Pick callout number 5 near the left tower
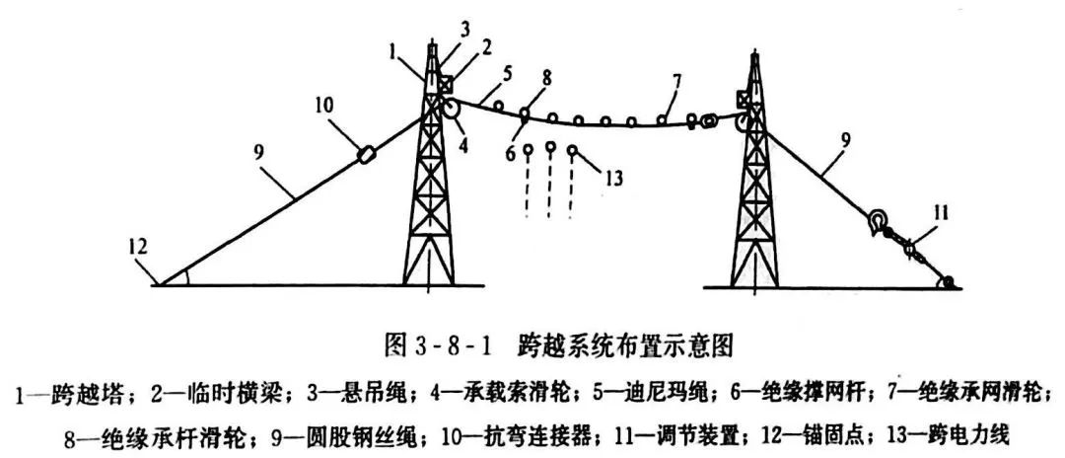click(x=508, y=73)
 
